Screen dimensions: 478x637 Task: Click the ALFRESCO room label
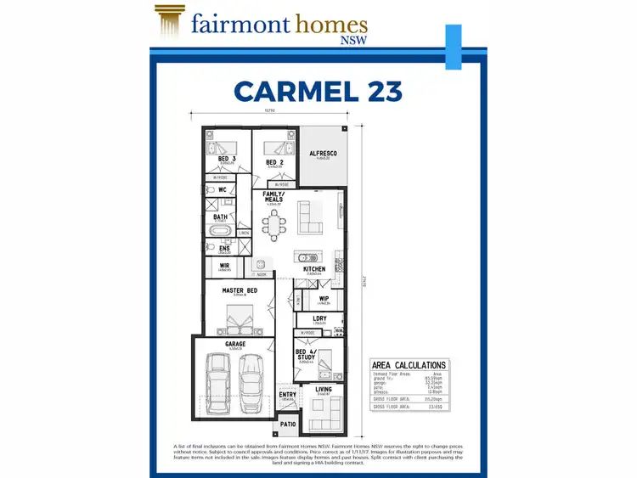323,153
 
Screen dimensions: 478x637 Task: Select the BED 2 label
274,162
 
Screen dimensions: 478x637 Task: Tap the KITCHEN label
314,269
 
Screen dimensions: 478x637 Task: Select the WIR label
225,266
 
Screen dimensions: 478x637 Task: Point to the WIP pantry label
323,298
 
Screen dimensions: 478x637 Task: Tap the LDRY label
319,319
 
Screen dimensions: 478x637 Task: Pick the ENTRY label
288,395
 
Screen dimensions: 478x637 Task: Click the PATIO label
288,424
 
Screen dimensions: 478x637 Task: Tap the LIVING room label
324,389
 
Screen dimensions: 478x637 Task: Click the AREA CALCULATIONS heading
409,365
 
